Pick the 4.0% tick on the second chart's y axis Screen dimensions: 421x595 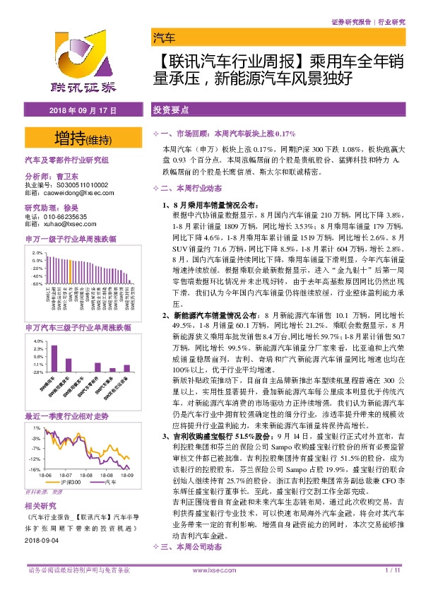(38, 342)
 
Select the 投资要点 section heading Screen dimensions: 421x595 (170, 112)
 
